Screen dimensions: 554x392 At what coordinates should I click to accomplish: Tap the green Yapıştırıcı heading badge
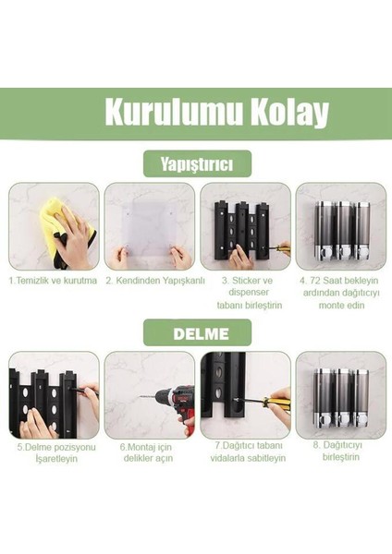pyautogui.click(x=196, y=164)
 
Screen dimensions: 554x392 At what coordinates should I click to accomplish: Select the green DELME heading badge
pyautogui.click(x=196, y=332)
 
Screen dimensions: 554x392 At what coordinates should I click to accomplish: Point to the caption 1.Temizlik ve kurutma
pyautogui.click(x=53, y=280)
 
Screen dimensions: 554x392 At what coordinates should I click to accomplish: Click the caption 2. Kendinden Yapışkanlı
pyautogui.click(x=150, y=280)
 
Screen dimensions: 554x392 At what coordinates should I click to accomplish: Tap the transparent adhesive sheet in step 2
pyautogui.click(x=149, y=227)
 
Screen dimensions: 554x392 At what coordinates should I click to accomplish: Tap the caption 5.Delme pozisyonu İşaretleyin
pyautogui.click(x=54, y=452)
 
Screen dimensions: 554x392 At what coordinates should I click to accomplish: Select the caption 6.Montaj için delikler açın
pyautogui.click(x=150, y=452)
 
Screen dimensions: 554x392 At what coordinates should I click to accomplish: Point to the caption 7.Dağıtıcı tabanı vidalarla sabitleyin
pyautogui.click(x=245, y=452)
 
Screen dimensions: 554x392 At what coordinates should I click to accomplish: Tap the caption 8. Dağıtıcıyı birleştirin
pyautogui.click(x=339, y=452)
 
